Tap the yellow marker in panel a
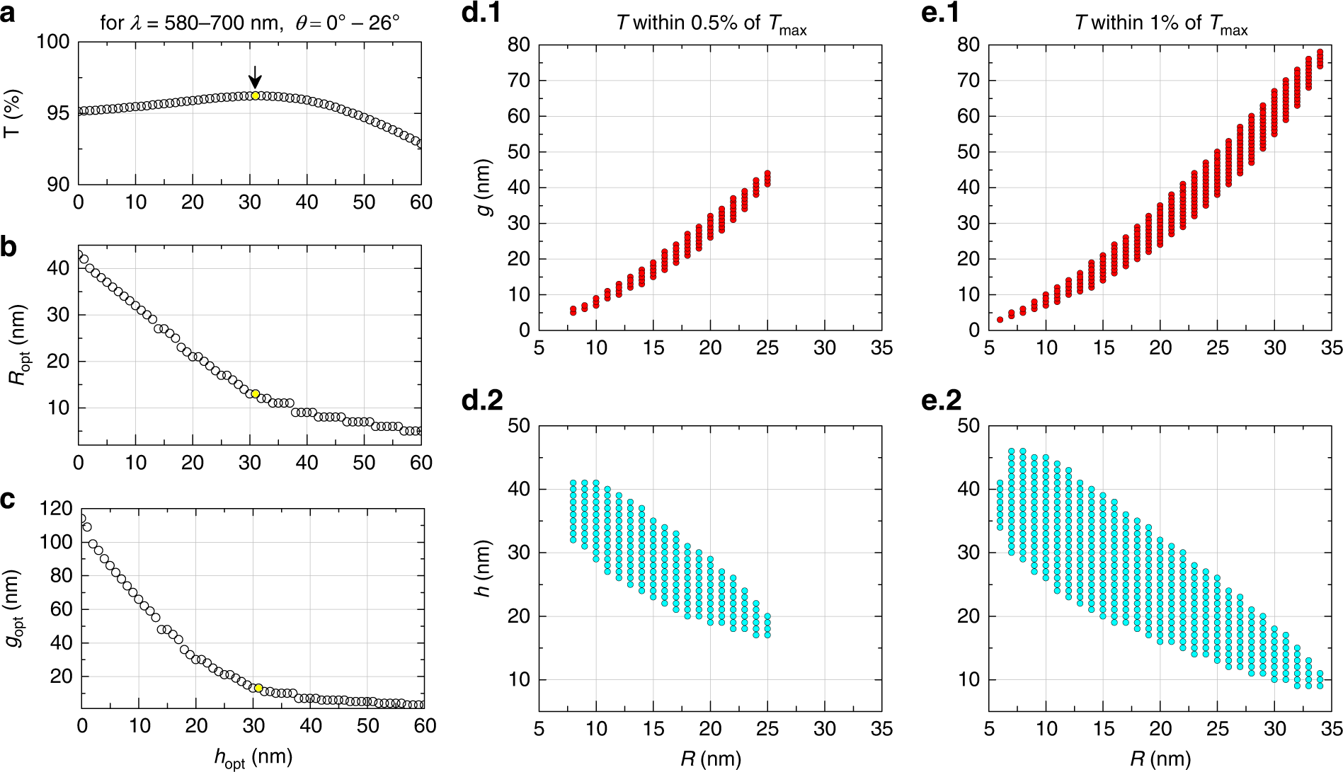[256, 96]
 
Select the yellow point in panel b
[256, 393]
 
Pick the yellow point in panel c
[258, 688]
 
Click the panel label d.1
[481, 13]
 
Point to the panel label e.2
[942, 401]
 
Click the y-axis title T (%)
[13, 113]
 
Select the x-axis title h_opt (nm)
[253, 758]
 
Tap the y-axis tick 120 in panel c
[56, 508]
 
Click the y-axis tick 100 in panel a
[53, 42]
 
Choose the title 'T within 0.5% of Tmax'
[711, 24]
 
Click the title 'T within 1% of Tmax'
[1161, 24]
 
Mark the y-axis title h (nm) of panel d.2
[484, 569]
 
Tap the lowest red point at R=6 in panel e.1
[1000, 320]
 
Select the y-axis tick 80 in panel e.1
[968, 45]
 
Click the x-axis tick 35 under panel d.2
[881, 729]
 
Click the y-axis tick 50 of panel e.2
[968, 426]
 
